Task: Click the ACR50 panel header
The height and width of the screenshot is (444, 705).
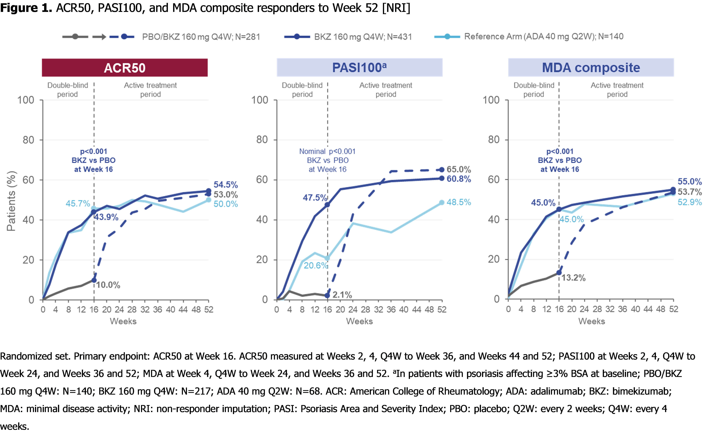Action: [x=125, y=68]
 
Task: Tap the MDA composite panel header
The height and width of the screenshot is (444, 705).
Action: [x=591, y=68]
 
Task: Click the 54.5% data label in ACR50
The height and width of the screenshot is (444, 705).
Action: [x=225, y=185]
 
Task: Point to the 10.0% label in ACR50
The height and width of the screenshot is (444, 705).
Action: [x=108, y=285]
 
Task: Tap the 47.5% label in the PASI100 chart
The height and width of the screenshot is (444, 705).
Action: [x=314, y=198]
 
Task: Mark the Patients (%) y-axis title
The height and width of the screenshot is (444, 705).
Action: [x=11, y=201]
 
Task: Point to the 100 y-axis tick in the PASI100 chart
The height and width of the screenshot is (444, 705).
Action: [x=260, y=100]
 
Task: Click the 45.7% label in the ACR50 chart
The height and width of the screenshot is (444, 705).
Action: [x=78, y=204]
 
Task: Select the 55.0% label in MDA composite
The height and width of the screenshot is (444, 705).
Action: [x=689, y=181]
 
